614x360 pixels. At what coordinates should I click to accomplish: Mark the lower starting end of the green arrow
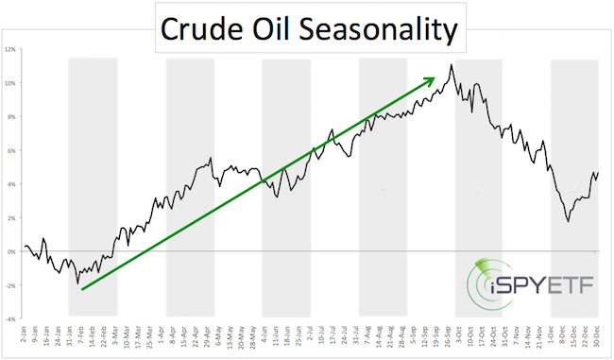83,289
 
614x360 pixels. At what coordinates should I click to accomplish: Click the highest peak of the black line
452,64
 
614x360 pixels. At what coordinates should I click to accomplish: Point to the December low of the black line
568,221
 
